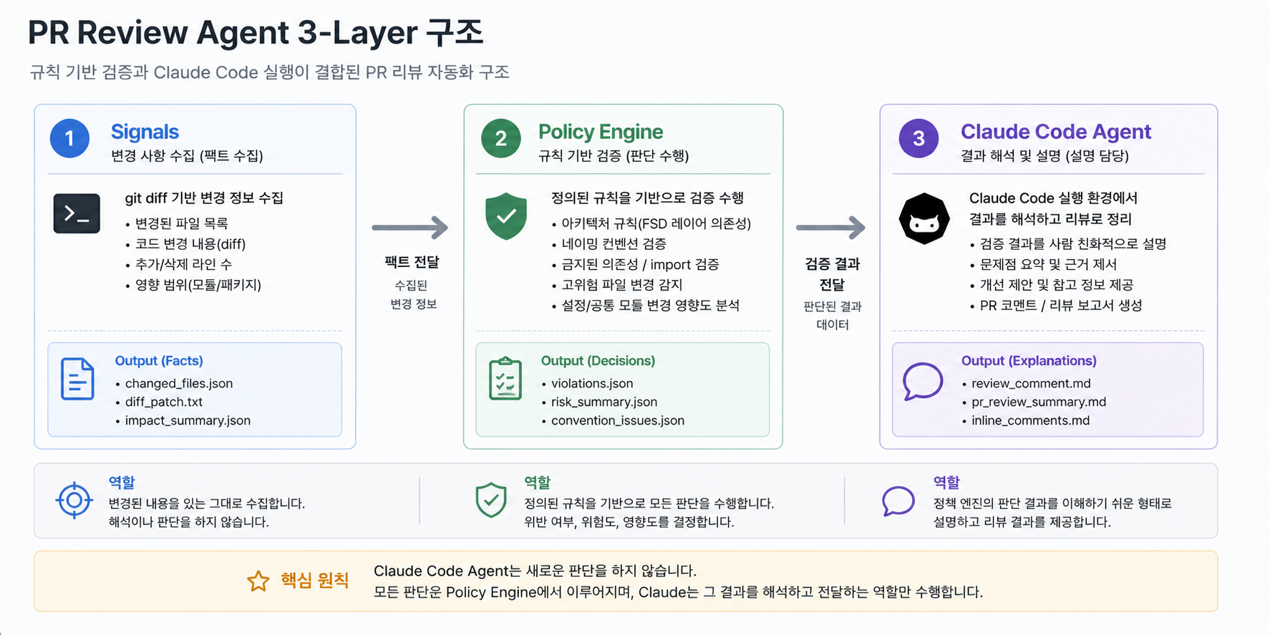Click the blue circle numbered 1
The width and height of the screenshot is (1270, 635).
tap(69, 138)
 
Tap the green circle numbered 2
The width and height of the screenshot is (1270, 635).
tap(501, 138)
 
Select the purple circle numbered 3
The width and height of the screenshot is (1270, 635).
tap(919, 138)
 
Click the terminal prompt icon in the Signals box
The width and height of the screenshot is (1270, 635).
tap(77, 213)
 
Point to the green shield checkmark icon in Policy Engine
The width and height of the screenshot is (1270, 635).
tap(506, 215)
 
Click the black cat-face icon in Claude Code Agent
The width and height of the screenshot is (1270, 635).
tap(924, 218)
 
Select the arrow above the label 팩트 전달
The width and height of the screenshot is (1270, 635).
tap(409, 228)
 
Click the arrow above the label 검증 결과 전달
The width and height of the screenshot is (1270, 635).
tap(831, 228)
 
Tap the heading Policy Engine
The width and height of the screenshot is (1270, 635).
tap(601, 132)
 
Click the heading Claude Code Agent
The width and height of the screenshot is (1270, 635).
tap(1056, 132)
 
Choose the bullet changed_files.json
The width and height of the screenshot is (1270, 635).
tap(179, 384)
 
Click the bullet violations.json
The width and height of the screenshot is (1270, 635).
tap(592, 384)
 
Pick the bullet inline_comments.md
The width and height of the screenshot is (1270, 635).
tap(1030, 421)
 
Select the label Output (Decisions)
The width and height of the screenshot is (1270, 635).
tap(598, 361)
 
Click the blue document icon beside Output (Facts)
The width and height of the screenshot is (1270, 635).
tap(77, 379)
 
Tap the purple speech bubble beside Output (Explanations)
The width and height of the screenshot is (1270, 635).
tap(923, 381)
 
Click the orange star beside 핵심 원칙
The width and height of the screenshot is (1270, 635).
tap(258, 581)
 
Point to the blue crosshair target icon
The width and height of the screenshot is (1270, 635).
tap(74, 500)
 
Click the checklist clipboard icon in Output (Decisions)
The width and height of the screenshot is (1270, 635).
tap(505, 378)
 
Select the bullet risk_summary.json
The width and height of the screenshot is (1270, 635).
tap(604, 402)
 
